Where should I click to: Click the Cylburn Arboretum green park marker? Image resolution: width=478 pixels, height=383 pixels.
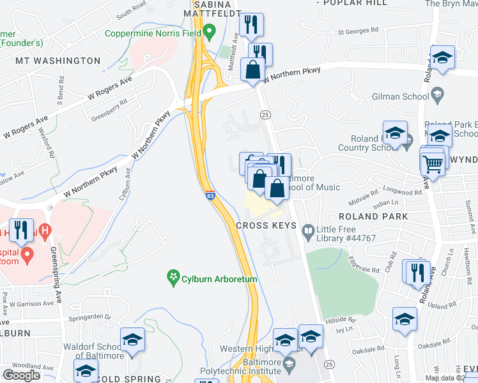click(x=172, y=276)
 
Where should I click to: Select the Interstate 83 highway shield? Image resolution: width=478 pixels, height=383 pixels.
click(x=210, y=196)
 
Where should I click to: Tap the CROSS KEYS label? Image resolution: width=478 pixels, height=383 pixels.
click(x=265, y=225)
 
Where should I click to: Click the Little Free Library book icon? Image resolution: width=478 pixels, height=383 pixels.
click(x=309, y=229)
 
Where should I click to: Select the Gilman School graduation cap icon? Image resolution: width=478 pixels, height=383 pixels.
click(x=438, y=96)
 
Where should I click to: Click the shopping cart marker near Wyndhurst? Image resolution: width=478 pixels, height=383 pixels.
click(x=433, y=163)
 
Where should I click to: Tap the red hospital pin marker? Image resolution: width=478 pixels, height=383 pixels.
click(x=27, y=255)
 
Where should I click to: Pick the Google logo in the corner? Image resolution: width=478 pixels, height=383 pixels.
click(x=21, y=375)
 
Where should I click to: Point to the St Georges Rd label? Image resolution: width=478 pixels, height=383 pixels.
click(x=358, y=31)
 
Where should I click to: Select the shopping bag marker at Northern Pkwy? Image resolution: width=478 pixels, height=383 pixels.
click(x=254, y=70)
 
